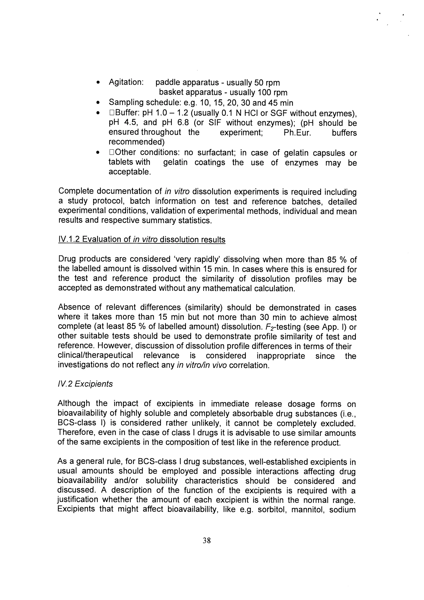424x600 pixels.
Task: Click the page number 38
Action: pyautogui.click(x=206, y=540)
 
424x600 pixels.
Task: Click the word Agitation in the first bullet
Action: pyautogui.click(x=126, y=82)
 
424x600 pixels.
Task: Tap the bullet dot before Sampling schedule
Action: pyautogui.click(x=98, y=103)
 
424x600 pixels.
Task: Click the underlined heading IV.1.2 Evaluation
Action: pyautogui.click(x=142, y=240)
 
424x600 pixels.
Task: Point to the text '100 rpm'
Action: pyautogui.click(x=272, y=93)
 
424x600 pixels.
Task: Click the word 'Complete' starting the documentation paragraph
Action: pyautogui.click(x=76, y=192)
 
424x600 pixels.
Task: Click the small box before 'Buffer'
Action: pyautogui.click(x=112, y=113)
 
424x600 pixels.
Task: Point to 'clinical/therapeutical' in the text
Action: pyautogui.click(x=95, y=356)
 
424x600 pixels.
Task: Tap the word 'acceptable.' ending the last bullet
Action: pyautogui.click(x=130, y=172)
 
